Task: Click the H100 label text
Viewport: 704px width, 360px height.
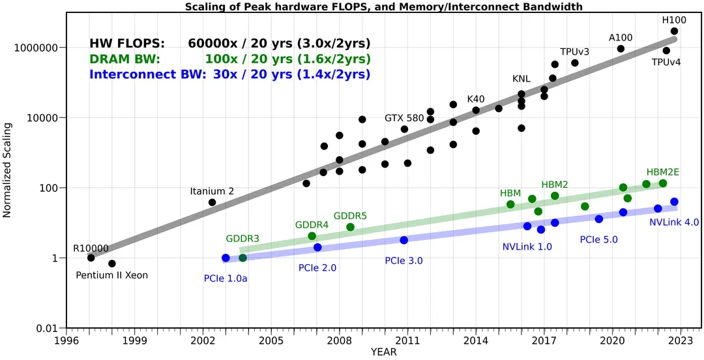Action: point(674,20)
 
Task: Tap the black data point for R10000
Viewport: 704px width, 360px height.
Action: point(91,258)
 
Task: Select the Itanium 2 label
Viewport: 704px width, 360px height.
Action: point(212,191)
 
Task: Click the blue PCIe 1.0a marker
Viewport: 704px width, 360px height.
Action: point(226,258)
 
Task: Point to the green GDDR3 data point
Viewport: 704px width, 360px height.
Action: point(242,258)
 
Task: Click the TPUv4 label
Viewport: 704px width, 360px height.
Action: point(666,63)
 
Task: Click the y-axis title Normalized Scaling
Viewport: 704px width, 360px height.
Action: point(7,172)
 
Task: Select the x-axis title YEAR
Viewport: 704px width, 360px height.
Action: point(384,352)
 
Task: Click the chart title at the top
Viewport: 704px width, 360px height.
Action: point(384,7)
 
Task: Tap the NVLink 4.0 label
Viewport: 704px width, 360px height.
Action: point(674,222)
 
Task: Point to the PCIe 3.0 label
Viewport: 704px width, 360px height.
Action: point(403,261)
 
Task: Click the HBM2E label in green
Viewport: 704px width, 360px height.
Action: point(663,172)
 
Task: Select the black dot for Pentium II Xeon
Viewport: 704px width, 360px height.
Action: point(112,263)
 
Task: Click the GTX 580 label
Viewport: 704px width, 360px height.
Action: point(404,118)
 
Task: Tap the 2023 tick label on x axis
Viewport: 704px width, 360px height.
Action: point(681,340)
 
